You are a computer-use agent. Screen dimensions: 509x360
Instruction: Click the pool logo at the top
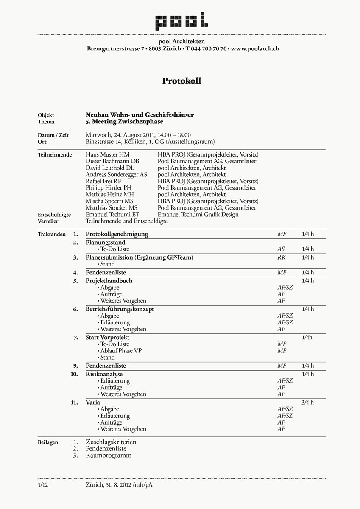pos(181,21)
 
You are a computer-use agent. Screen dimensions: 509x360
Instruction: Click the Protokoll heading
pos(181,81)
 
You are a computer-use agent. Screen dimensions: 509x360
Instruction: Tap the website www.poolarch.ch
pos(255,49)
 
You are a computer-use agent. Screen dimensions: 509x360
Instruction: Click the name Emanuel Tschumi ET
pos(112,215)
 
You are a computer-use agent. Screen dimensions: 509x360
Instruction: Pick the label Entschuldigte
pos(54,215)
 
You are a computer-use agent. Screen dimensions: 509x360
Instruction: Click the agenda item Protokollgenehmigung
pos(117,234)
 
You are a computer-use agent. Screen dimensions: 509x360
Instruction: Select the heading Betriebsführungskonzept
pos(120,309)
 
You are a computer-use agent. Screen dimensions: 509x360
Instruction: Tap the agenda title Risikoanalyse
pos(104,374)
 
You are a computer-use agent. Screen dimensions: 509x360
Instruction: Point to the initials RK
pos(282,257)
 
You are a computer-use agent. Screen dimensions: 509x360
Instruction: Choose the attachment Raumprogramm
pos(109,456)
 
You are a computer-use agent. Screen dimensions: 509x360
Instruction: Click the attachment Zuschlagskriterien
pos(111,442)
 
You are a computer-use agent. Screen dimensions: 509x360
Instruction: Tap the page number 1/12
pos(43,484)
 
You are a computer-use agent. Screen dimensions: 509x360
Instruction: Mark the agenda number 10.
pos(74,374)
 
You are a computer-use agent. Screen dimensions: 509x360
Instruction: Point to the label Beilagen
pos(47,442)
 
